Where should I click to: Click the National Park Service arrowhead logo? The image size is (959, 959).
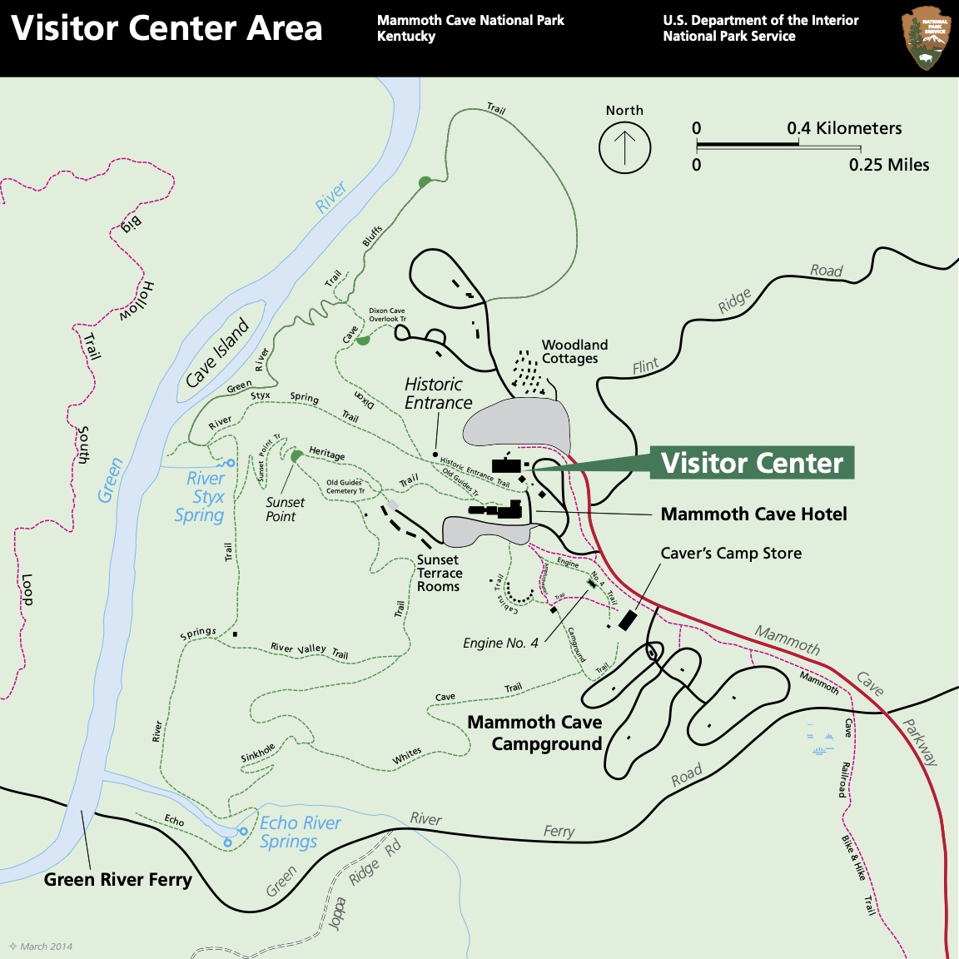click(x=926, y=38)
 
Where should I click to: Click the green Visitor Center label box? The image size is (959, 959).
click(x=752, y=463)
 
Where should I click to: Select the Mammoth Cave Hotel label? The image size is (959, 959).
click(x=753, y=514)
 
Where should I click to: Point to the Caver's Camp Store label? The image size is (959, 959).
click(x=731, y=554)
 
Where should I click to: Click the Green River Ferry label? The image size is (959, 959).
click(x=117, y=880)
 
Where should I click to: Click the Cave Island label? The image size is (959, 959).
click(x=217, y=353)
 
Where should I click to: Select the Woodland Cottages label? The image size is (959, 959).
click(x=574, y=351)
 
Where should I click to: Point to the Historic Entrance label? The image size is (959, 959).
click(x=438, y=393)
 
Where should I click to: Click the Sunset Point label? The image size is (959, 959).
click(x=284, y=509)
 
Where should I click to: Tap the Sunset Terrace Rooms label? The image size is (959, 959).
click(x=439, y=574)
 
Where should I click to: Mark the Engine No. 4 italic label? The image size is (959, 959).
click(x=500, y=643)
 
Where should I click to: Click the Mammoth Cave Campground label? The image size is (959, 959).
click(x=535, y=733)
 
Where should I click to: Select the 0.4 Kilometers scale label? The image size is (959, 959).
click(x=844, y=128)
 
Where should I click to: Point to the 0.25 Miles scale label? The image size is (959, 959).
click(x=888, y=165)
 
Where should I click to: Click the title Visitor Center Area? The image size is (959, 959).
click(x=166, y=29)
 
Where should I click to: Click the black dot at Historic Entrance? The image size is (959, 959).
click(x=435, y=455)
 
